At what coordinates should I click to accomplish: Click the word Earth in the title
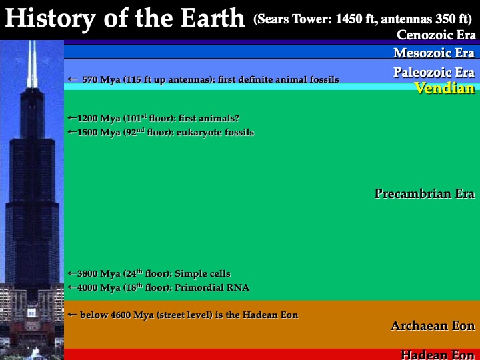click(x=213, y=18)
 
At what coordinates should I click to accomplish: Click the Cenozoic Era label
click(x=436, y=35)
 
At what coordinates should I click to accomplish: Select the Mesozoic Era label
click(x=434, y=53)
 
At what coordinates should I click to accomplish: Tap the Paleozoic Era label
click(x=434, y=72)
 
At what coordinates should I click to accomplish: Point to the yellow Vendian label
click(x=445, y=88)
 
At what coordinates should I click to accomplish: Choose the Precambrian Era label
click(x=425, y=193)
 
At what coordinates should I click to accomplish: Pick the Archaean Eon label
click(x=433, y=326)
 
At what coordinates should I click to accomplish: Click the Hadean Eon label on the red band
click(x=438, y=355)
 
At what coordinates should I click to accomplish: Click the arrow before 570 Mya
click(x=72, y=79)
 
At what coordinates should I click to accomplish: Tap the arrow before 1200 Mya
click(x=72, y=117)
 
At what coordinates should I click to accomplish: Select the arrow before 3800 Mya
click(x=72, y=273)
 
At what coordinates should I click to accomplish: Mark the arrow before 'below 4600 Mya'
click(x=72, y=315)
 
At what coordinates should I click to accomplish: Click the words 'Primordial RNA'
click(x=212, y=288)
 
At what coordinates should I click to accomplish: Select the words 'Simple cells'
click(x=203, y=273)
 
